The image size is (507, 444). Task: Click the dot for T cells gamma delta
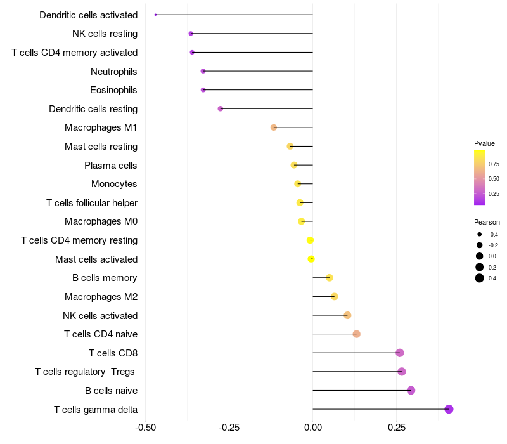click(449, 409)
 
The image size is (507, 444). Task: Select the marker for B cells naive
click(411, 390)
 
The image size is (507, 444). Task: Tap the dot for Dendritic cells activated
click(155, 15)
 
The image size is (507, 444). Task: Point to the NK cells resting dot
click(191, 34)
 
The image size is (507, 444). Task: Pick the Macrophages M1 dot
click(274, 127)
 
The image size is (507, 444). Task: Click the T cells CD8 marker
click(399, 353)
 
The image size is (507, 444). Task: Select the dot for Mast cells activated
click(311, 259)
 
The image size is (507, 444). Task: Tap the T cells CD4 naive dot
click(357, 334)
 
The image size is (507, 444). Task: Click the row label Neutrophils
click(114, 71)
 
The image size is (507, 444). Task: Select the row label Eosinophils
click(113, 90)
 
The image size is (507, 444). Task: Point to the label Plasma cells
click(111, 166)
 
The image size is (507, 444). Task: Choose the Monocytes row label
click(114, 184)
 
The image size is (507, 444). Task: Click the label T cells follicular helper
click(92, 203)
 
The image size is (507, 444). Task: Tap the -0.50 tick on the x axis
click(146, 427)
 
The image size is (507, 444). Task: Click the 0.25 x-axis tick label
click(397, 427)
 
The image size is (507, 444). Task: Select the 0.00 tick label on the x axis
click(313, 427)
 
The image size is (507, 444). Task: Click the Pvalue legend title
click(484, 143)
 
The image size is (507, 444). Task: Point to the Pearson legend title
click(487, 222)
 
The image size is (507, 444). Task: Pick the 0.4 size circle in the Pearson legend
click(480, 278)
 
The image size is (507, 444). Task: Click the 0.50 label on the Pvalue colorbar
click(494, 179)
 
